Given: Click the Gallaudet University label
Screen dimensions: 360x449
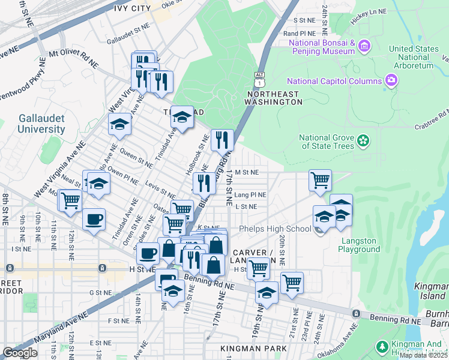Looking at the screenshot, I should (41, 124).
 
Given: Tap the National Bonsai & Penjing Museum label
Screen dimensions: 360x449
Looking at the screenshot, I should (321, 47).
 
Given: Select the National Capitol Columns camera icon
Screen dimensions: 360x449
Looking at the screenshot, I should (391, 80).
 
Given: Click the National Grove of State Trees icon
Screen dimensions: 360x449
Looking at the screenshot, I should (363, 140).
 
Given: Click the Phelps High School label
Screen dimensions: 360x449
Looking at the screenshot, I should (274, 229).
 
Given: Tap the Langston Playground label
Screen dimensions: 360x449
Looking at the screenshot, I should (360, 245).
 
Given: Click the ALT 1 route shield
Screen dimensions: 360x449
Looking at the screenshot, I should (259, 76).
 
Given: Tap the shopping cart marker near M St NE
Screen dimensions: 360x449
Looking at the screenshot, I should (321, 179).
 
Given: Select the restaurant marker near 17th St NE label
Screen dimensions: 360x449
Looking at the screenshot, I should (222, 140).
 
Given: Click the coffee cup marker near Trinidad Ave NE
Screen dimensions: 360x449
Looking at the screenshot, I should (93, 220).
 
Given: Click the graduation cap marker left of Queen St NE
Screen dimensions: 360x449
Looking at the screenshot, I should (119, 124).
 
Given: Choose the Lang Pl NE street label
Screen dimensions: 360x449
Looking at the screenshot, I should (250, 195).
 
